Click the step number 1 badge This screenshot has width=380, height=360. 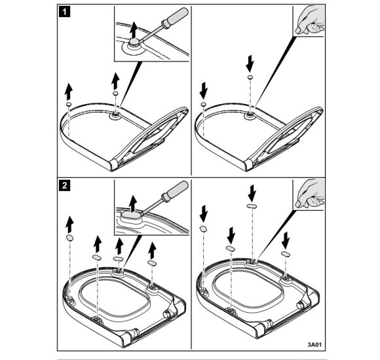[x=64, y=12]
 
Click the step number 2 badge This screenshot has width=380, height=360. [x=64, y=186]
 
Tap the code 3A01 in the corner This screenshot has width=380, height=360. [x=314, y=344]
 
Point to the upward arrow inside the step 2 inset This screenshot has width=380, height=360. [x=133, y=203]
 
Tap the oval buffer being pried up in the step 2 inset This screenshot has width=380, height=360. [x=131, y=215]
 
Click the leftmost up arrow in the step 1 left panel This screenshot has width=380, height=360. [x=69, y=92]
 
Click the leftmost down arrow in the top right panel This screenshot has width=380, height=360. [x=204, y=90]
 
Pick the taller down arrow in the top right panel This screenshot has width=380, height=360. [x=250, y=63]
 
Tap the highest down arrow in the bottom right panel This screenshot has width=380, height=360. [x=252, y=193]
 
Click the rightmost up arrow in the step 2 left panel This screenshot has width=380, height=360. [x=152, y=250]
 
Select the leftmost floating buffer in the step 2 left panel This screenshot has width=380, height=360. [x=69, y=238]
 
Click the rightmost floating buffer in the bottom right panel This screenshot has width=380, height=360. [x=285, y=254]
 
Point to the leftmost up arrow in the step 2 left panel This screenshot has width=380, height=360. [x=70, y=225]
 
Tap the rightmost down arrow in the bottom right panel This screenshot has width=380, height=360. [x=286, y=240]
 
